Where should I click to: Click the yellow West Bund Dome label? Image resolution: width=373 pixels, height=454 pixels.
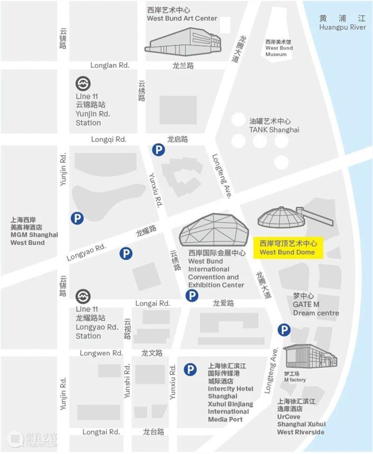pos(287,248)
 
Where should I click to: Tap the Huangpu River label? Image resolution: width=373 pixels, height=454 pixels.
pos(342,23)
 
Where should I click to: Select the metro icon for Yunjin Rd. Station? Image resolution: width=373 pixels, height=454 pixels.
pos(83,84)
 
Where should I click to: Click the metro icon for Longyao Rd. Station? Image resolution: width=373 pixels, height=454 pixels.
pos(83,296)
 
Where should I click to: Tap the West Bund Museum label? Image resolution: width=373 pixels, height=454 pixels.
pos(279,48)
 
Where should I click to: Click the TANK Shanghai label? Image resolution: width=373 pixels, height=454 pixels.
pos(274,126)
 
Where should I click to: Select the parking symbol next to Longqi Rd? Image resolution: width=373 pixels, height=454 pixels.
pos(159,150)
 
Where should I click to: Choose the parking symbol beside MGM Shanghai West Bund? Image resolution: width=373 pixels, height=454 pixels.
pos(77,218)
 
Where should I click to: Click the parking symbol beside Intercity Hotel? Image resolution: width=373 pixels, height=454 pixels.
pos(189,370)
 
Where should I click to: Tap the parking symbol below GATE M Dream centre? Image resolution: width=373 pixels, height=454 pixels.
pos(284,330)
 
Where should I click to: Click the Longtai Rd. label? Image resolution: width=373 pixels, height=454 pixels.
pos(101,432)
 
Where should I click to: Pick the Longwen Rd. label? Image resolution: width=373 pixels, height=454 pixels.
pos(101,353)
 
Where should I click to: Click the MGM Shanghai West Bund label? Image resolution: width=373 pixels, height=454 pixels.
pos(34,231)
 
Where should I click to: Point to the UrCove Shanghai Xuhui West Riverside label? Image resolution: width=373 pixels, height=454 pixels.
pos(301,416)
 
